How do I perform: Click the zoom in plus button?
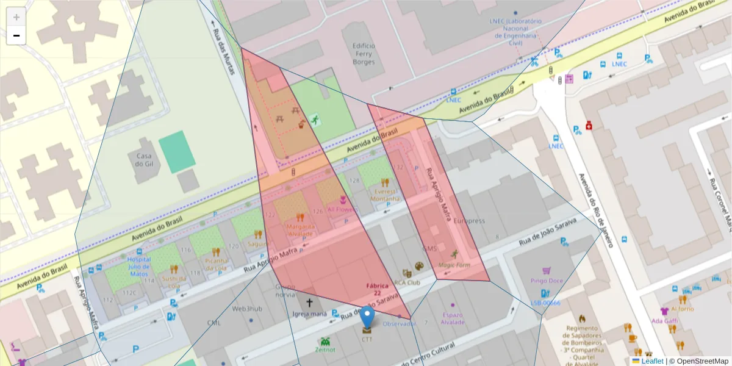pyautogui.click(x=16, y=17)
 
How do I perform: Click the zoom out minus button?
pyautogui.click(x=16, y=36)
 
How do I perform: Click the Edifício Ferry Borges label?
pyautogui.click(x=364, y=53)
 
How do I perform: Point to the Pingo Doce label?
pyautogui.click(x=546, y=281)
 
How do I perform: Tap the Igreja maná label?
pyautogui.click(x=309, y=315)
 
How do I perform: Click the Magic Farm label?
pyautogui.click(x=454, y=265)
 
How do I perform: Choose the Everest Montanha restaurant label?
pyautogui.click(x=384, y=195)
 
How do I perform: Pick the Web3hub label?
pyautogui.click(x=246, y=309)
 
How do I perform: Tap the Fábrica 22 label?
pyautogui.click(x=378, y=289)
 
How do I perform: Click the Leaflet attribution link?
pyautogui.click(x=652, y=361)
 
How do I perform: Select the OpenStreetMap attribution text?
pyautogui.click(x=698, y=361)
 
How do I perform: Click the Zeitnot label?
pyautogui.click(x=325, y=350)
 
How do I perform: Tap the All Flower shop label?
pyautogui.click(x=342, y=209)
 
